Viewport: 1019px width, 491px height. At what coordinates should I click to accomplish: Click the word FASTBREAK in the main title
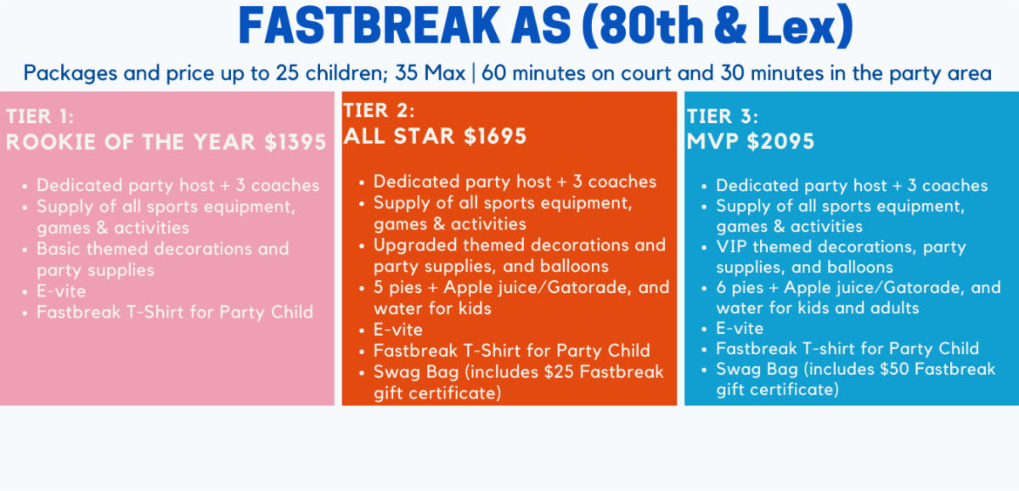(369, 25)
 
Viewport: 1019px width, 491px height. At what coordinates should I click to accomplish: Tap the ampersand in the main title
(729, 25)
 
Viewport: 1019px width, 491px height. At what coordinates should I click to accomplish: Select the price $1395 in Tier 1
(296, 142)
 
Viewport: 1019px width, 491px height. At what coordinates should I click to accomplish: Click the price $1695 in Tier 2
(495, 136)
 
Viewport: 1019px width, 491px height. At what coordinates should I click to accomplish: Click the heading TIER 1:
(40, 116)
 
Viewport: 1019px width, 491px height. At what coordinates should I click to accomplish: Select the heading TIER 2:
(379, 110)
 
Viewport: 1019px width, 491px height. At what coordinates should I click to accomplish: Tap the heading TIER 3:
(723, 116)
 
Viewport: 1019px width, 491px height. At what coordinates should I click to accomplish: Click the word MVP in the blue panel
(712, 141)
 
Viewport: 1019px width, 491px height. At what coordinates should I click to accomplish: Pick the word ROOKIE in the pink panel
(51, 142)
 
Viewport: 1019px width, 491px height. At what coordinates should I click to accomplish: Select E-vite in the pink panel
(61, 291)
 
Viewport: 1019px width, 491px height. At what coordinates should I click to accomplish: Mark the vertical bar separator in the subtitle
(474, 73)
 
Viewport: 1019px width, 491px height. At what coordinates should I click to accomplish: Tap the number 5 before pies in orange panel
(378, 288)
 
